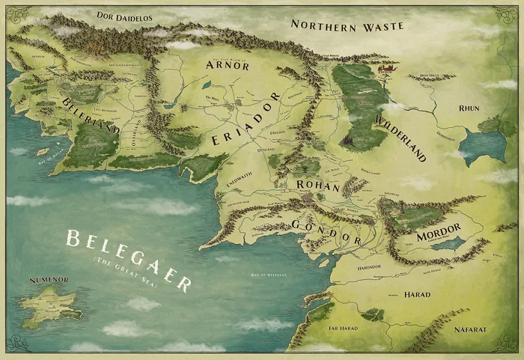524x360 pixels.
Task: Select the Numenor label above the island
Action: tap(49, 281)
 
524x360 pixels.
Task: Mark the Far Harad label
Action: tap(342, 328)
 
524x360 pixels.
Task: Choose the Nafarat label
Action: tap(472, 328)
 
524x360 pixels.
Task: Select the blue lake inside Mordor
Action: tap(448, 243)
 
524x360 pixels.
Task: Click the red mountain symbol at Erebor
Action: tap(387, 70)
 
